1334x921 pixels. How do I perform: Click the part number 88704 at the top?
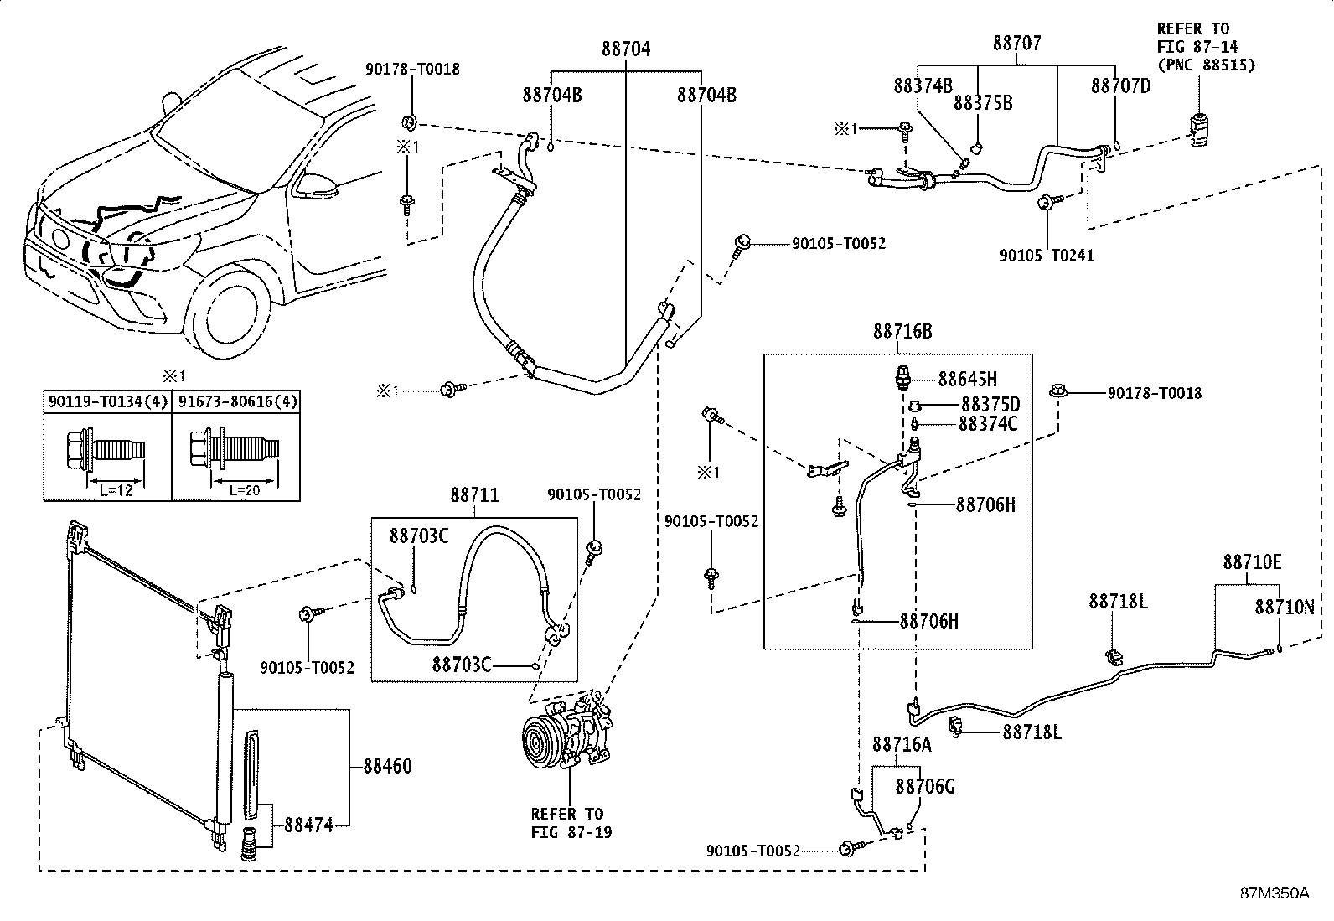[x=625, y=49]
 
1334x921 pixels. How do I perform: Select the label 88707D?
[x=1120, y=85]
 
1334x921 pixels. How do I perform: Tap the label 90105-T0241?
[x=1046, y=255]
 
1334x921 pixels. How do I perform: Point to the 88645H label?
[x=968, y=380]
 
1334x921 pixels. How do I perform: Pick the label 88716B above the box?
[x=902, y=332]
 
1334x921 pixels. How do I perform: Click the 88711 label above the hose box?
[x=474, y=496]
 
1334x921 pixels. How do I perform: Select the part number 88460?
[x=387, y=766]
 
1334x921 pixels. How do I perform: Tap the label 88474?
[x=308, y=825]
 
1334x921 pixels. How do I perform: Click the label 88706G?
[x=925, y=786]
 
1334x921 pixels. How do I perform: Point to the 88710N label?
[x=1284, y=607]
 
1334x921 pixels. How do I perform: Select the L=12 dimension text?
[x=116, y=489]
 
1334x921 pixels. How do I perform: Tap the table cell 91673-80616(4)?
[x=235, y=401]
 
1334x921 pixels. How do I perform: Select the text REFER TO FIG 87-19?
[x=566, y=823]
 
